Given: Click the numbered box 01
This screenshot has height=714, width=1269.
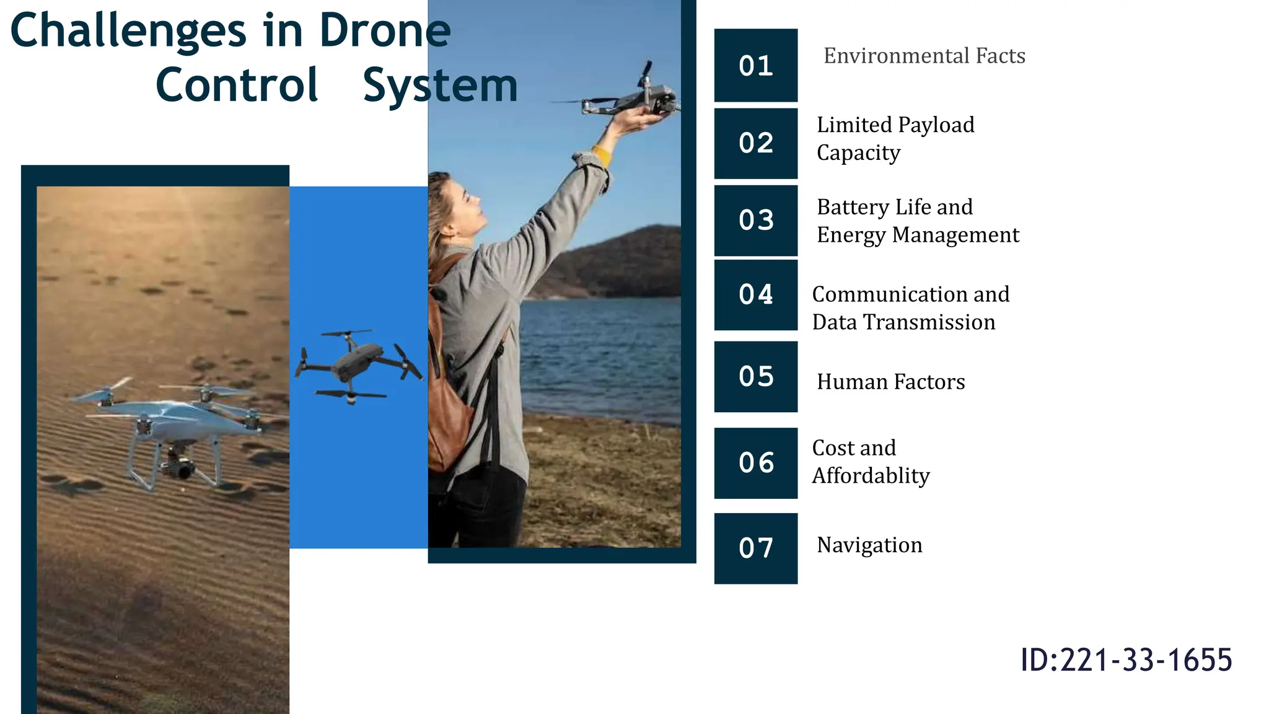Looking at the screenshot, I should tap(755, 65).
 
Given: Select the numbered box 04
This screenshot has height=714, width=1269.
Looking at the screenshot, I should tap(755, 294).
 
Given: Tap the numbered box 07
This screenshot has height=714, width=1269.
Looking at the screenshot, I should tap(755, 548).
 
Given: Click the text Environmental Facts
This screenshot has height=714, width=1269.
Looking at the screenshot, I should tap(924, 56).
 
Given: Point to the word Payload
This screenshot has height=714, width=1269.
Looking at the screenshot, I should tap(935, 125).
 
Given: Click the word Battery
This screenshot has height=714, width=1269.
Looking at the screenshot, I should tap(852, 207).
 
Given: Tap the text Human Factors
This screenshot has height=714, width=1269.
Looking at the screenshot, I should tap(890, 382).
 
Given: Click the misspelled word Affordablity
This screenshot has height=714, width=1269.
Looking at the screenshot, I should tap(871, 476).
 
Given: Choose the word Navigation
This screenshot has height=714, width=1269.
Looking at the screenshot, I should tap(869, 545).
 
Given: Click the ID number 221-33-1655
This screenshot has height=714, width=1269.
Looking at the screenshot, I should tap(1146, 660).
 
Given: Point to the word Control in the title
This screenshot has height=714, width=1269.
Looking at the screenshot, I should tap(237, 85).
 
